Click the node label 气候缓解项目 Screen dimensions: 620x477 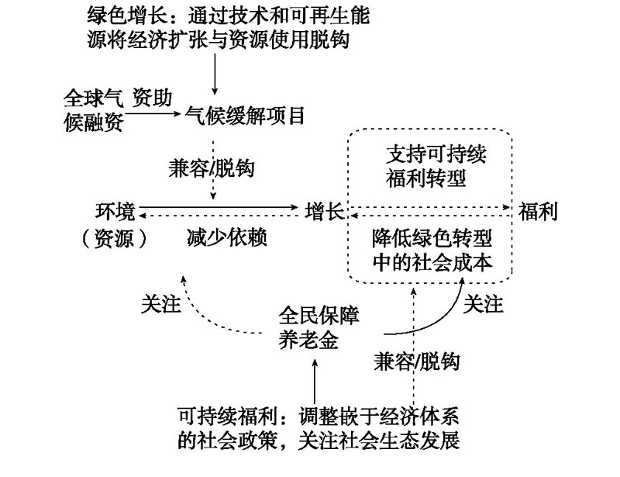(245, 116)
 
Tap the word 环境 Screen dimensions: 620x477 (115, 212)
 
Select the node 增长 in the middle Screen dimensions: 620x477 (325, 211)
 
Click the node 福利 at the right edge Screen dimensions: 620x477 (538, 211)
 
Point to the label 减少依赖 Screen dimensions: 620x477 (227, 237)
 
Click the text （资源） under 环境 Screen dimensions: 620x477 (114, 238)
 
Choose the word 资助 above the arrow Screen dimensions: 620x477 (152, 98)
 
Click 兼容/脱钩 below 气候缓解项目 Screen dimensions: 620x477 (212, 168)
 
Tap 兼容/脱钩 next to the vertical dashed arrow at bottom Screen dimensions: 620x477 (417, 361)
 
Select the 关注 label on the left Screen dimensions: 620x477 (161, 305)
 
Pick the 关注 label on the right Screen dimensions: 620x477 (483, 304)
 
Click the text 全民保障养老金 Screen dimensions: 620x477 (319, 327)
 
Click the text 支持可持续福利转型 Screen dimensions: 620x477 (436, 166)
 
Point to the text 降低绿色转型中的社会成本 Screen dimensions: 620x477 (432, 251)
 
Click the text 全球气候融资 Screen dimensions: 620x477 (94, 110)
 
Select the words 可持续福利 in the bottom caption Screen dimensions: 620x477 (227, 416)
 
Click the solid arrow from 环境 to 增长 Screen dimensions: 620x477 (219, 206)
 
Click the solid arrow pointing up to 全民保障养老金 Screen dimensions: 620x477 (315, 381)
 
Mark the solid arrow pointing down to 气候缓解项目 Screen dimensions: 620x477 (215, 74)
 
